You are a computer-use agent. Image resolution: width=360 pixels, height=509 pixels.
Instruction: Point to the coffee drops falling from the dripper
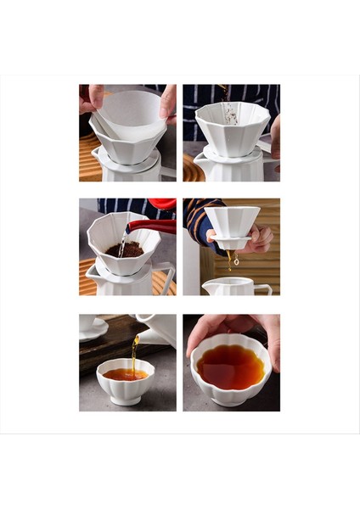tap(231, 258)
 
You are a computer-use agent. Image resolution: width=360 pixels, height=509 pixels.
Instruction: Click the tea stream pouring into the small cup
tap(133, 350)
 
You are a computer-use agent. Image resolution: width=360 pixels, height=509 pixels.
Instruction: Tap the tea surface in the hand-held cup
tap(230, 367)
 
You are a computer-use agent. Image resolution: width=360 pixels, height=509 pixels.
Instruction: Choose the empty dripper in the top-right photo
tap(232, 127)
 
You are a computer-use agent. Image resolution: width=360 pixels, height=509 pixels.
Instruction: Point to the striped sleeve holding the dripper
tap(197, 222)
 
